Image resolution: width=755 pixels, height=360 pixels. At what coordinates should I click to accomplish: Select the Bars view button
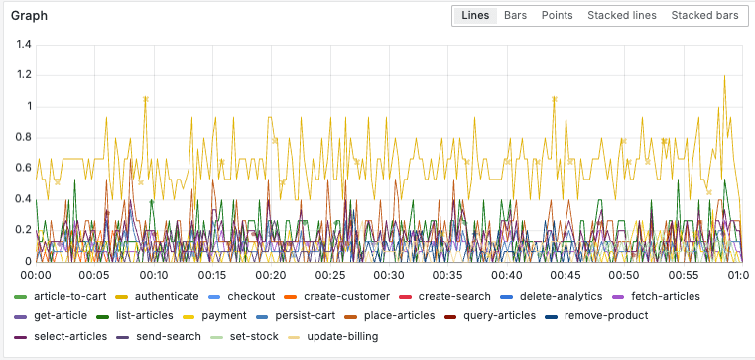point(516,16)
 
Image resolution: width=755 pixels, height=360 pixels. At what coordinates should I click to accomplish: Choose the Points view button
point(557,16)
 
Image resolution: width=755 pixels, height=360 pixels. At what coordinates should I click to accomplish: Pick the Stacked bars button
point(704,16)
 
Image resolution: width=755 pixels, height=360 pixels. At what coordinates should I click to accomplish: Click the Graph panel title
point(29,17)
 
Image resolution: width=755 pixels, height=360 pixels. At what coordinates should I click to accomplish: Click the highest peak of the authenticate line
point(724,76)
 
